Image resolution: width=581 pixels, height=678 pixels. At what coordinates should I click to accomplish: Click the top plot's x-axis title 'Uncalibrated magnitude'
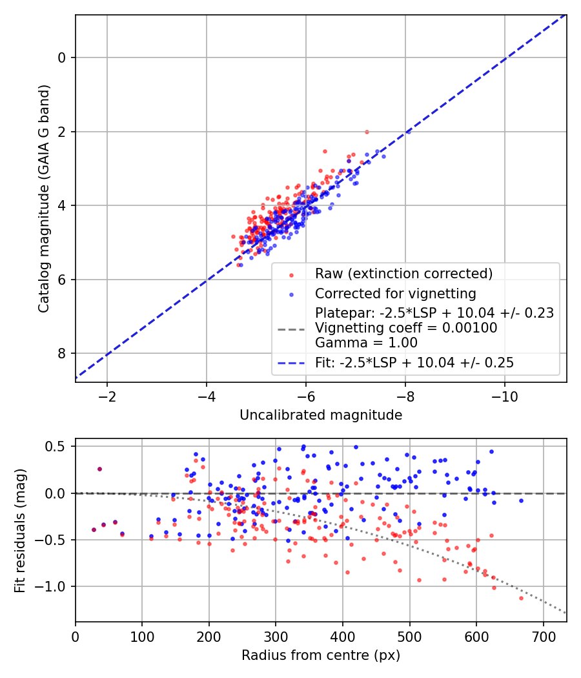coord(321,415)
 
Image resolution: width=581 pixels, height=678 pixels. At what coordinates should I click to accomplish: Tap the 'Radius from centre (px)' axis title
coord(321,655)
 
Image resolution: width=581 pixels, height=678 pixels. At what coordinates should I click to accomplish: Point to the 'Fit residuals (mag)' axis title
coord(20,530)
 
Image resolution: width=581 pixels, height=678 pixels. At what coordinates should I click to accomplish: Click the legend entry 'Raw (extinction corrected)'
coord(403,273)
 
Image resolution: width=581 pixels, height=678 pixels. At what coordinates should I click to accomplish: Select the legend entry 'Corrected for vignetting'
coord(395,294)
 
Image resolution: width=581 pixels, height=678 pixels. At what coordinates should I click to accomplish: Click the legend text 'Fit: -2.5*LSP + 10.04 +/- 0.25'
coord(414,363)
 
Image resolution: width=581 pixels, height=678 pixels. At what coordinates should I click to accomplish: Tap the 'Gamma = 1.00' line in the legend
coord(366,343)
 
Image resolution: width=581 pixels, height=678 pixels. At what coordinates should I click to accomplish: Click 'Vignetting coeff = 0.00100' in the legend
coord(406,328)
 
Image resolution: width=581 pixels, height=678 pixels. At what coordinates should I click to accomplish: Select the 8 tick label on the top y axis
coord(62,353)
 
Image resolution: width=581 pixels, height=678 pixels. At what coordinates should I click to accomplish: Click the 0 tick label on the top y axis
coord(62,57)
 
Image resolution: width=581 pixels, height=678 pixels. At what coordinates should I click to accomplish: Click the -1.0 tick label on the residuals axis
coord(54,586)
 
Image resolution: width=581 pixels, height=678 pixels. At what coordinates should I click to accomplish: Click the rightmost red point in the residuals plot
coord(521,598)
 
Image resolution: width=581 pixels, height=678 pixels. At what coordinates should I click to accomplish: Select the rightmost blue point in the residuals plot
coord(521,500)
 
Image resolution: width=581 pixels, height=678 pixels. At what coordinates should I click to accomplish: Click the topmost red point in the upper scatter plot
coord(367,132)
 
